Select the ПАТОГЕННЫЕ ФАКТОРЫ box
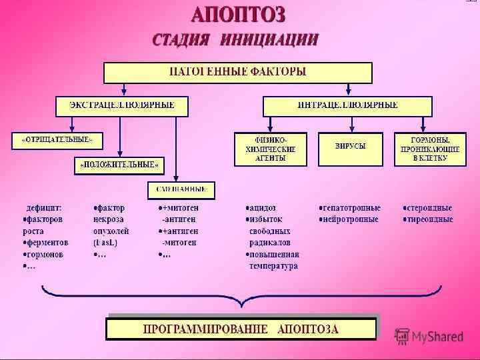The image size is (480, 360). coord(237,72)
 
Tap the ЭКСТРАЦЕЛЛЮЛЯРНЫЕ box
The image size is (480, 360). coord(122,105)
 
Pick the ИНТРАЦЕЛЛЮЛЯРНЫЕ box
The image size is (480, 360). coord(347,105)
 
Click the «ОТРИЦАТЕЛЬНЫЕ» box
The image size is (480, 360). coord(57,141)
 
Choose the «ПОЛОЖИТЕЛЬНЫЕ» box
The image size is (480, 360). coord(119,164)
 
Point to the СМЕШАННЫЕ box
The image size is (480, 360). coord(181,189)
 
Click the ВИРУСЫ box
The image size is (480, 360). coord(350,146)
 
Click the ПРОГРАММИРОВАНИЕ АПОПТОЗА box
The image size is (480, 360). coord(241,329)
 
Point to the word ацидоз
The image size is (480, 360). coord(263,208)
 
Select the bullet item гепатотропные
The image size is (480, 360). coord(351,208)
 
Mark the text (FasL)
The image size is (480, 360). coord(107,243)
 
